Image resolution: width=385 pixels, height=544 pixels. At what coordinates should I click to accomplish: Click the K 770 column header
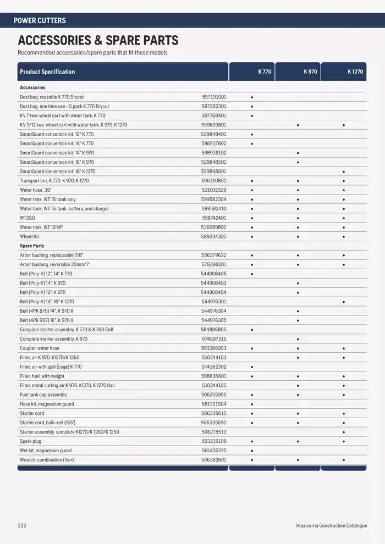click(x=265, y=72)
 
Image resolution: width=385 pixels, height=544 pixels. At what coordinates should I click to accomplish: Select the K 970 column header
click(x=310, y=72)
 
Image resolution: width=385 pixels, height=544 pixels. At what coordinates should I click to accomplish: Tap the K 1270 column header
click(x=355, y=72)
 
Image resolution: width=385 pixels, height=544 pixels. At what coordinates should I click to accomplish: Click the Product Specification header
click(x=47, y=72)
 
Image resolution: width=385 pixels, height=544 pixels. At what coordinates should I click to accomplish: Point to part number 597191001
click(x=214, y=97)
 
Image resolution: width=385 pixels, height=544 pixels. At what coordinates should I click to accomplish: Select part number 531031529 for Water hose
click(x=214, y=190)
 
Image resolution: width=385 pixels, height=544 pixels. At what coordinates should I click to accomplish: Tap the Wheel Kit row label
click(x=29, y=236)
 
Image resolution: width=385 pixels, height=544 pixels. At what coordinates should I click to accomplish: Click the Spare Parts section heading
click(x=32, y=246)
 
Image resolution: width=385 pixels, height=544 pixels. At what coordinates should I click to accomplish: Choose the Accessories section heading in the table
click(x=32, y=87)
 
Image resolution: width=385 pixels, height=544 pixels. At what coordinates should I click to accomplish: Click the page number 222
click(x=22, y=526)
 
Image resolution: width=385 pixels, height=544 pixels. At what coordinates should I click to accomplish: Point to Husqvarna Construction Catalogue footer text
click(x=327, y=526)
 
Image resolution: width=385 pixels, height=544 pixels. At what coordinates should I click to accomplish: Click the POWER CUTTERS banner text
click(x=40, y=20)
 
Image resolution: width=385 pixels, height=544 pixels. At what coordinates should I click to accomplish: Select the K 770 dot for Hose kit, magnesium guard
click(x=252, y=404)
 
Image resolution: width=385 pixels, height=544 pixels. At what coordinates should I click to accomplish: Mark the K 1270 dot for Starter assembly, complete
click(x=344, y=432)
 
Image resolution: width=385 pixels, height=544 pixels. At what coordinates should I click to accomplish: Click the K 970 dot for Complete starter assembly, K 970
click(x=298, y=339)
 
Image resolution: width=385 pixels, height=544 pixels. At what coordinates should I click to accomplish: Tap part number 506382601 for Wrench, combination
click(x=214, y=460)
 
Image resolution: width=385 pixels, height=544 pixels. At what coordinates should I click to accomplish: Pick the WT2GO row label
click(x=28, y=218)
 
